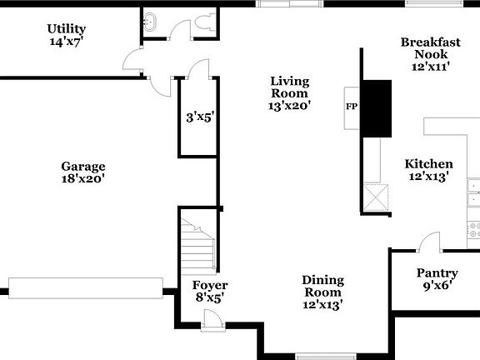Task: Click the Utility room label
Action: (x=67, y=29)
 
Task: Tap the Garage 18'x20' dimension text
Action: (x=83, y=179)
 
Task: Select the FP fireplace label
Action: (x=352, y=107)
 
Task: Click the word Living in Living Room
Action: (x=290, y=82)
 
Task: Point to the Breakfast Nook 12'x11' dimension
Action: (x=431, y=67)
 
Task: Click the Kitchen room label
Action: (x=428, y=164)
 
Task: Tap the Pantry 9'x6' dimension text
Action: (x=437, y=286)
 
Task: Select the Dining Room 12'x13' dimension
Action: (x=322, y=305)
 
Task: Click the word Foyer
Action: (x=210, y=285)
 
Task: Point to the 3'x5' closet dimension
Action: (x=200, y=117)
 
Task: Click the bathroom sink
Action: (x=150, y=22)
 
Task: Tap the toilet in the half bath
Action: (x=204, y=22)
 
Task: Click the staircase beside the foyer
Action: (x=197, y=246)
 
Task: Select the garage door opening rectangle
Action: (x=86, y=288)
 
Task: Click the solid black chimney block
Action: (x=377, y=108)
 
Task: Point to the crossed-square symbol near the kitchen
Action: (x=376, y=197)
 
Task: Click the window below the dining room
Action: (x=326, y=357)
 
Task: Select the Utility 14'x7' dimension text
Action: (x=67, y=42)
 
